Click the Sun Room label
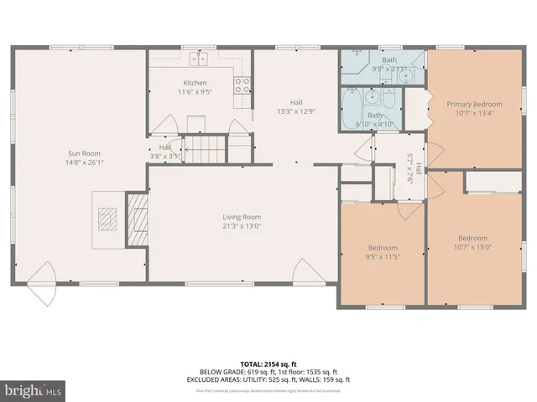pos(81,153)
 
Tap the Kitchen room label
pos(196,83)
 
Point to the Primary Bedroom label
pos(475,104)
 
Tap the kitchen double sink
pos(200,59)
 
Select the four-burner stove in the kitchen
pos(242,84)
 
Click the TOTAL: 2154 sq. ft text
pos(268,363)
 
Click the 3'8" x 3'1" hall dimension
pos(165,156)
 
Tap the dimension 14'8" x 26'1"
pos(81,162)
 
